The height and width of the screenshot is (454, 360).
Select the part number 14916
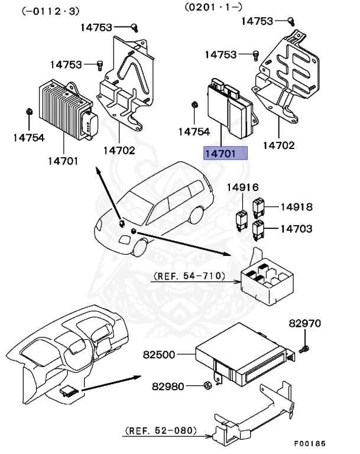point(243,188)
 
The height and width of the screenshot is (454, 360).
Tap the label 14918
point(296,207)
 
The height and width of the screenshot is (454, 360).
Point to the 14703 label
point(296,229)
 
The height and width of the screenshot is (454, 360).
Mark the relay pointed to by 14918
point(258,207)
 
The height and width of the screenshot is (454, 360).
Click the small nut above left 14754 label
point(29,112)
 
